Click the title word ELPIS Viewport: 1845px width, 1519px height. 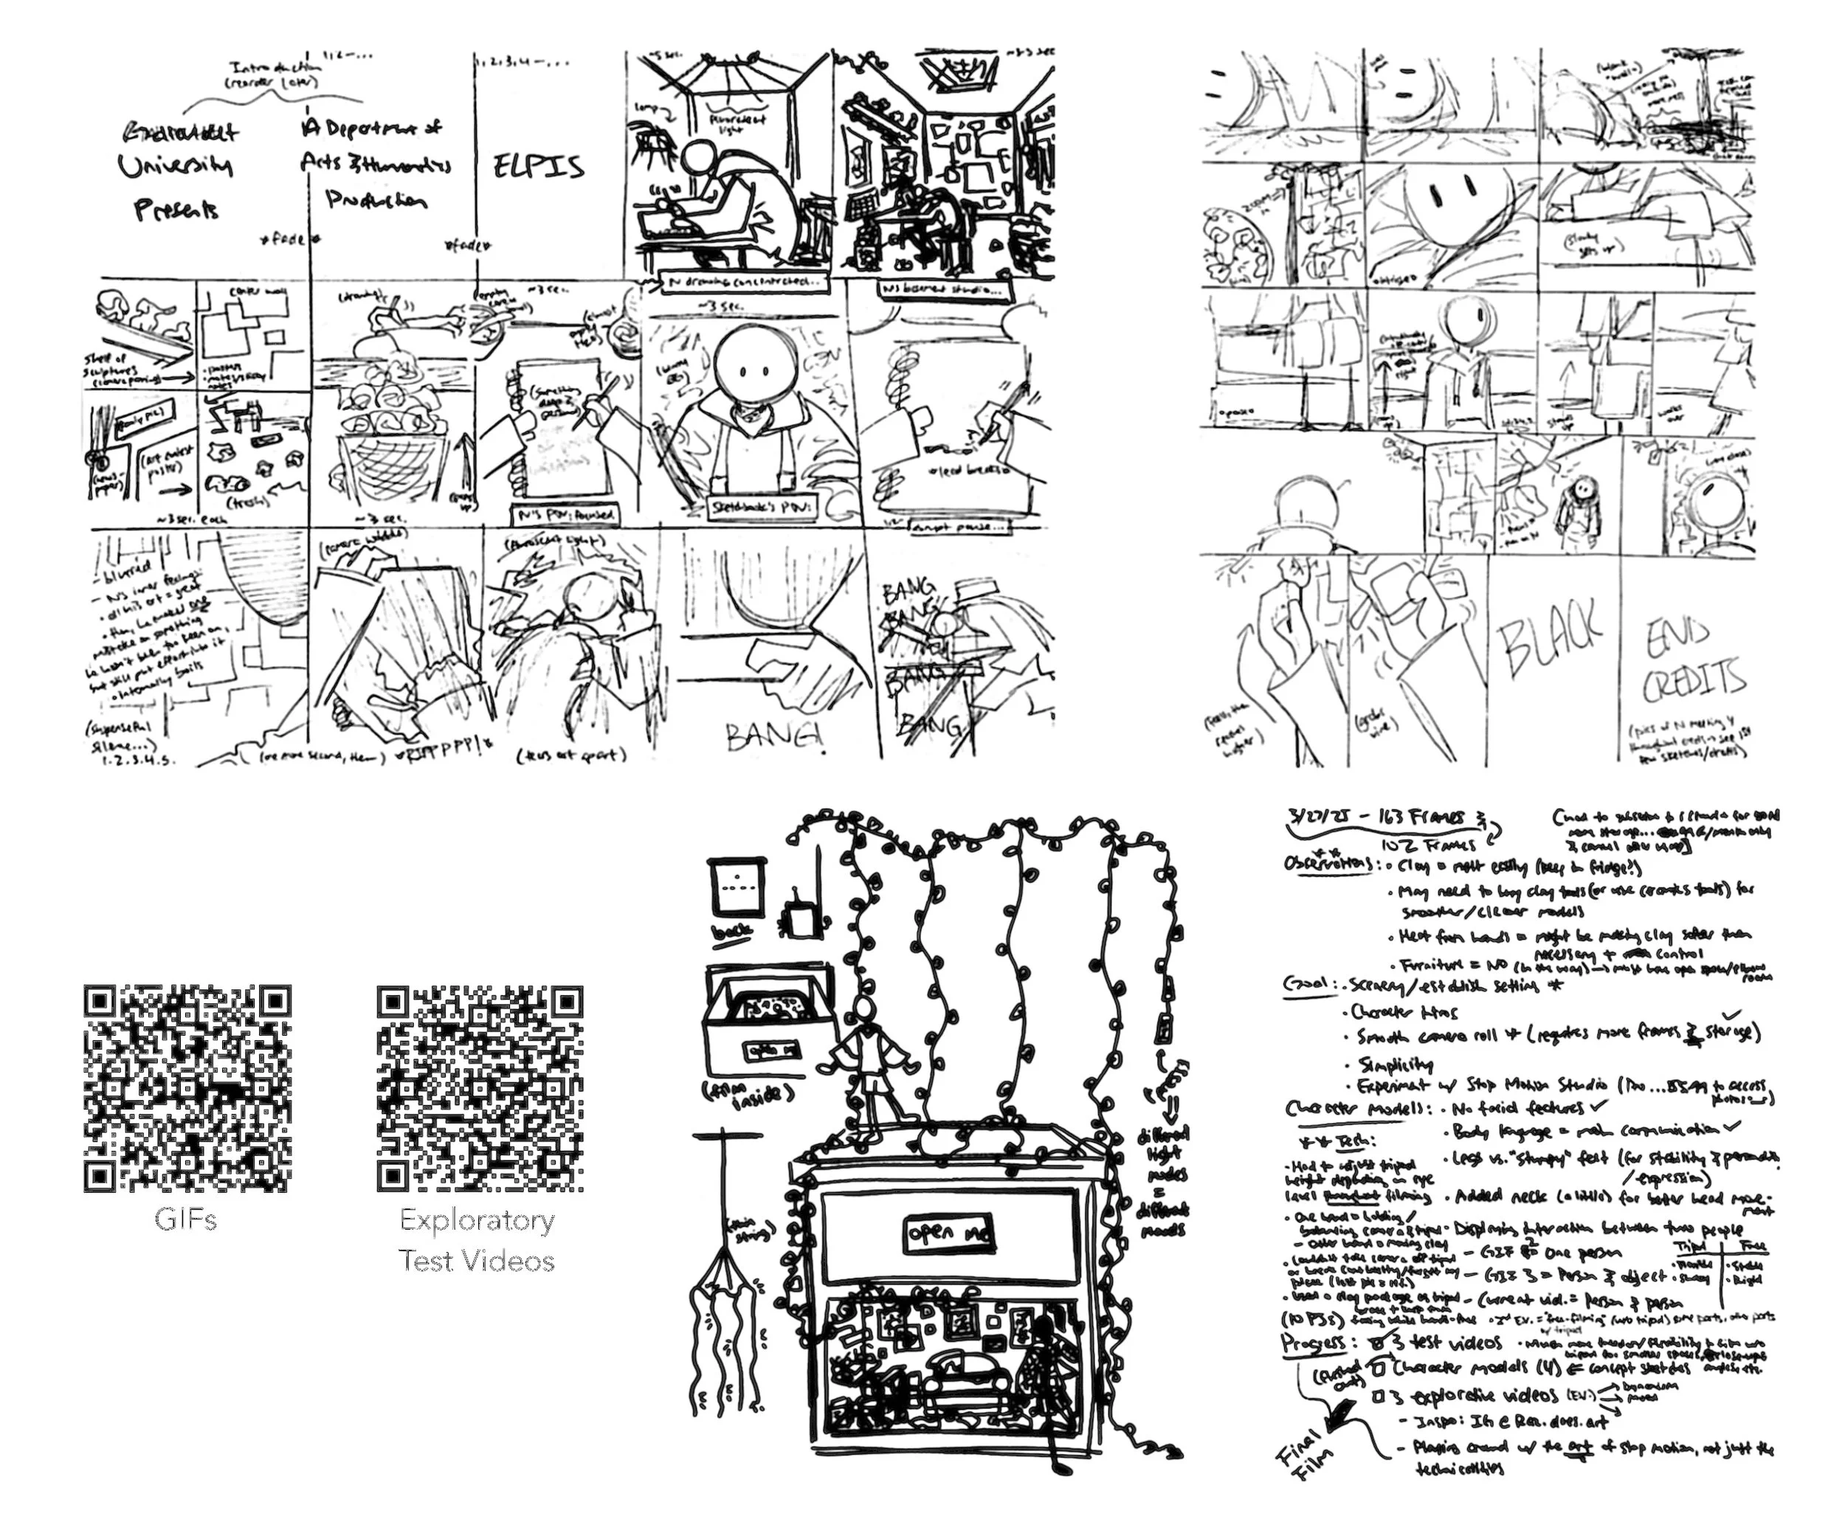pyautogui.click(x=537, y=166)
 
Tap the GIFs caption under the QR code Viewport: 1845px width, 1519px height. pyautogui.click(x=185, y=1219)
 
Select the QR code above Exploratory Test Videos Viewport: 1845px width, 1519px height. pyautogui.click(x=480, y=1088)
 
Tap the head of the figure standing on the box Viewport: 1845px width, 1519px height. pyautogui.click(x=866, y=1011)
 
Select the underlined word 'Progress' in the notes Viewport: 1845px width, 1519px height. pyautogui.click(x=1313, y=1343)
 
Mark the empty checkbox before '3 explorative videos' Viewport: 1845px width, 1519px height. pyautogui.click(x=1378, y=1397)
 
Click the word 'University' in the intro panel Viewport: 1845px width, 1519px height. pyautogui.click(x=175, y=166)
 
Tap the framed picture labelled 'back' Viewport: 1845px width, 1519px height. pyautogui.click(x=738, y=889)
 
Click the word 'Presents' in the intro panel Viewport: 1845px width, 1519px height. pyautogui.click(x=176, y=210)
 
